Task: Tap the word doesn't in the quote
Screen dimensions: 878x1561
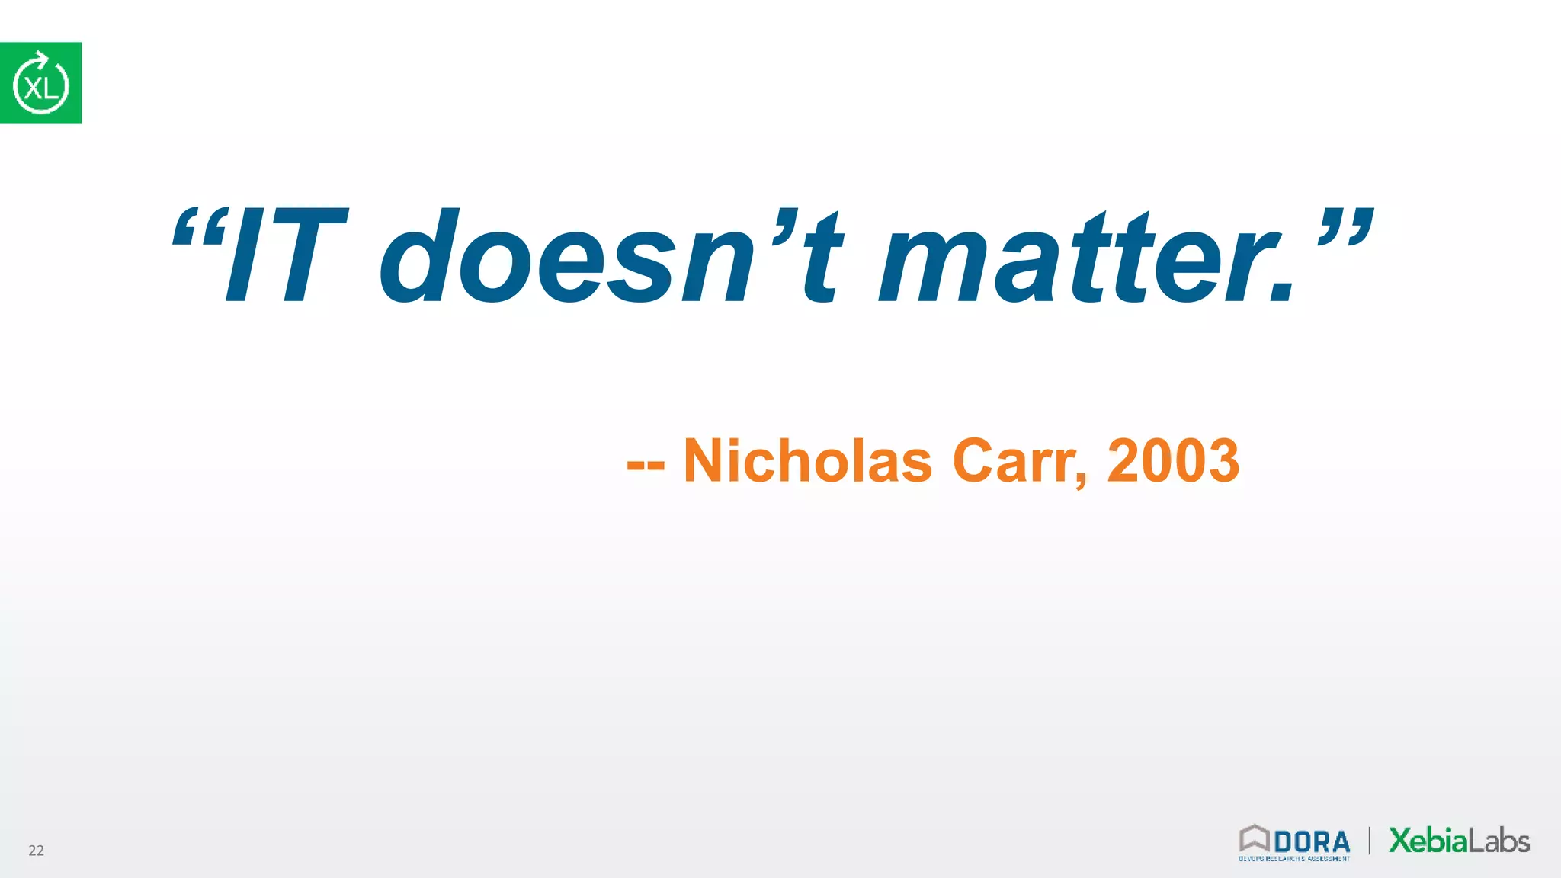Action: [610, 256]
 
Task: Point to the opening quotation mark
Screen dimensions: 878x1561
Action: [195, 228]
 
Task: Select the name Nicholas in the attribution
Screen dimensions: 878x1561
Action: [807, 461]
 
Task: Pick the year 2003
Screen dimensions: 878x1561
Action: [1173, 461]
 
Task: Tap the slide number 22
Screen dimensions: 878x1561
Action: [36, 851]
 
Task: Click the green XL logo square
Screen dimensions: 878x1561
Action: [40, 83]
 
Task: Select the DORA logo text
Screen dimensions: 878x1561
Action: [1311, 842]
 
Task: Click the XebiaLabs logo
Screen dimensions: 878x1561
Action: [1459, 841]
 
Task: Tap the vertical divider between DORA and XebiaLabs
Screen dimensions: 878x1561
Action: [1370, 841]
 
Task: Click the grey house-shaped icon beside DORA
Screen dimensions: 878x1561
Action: [1254, 838]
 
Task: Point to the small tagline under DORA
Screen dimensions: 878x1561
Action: [1293, 859]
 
